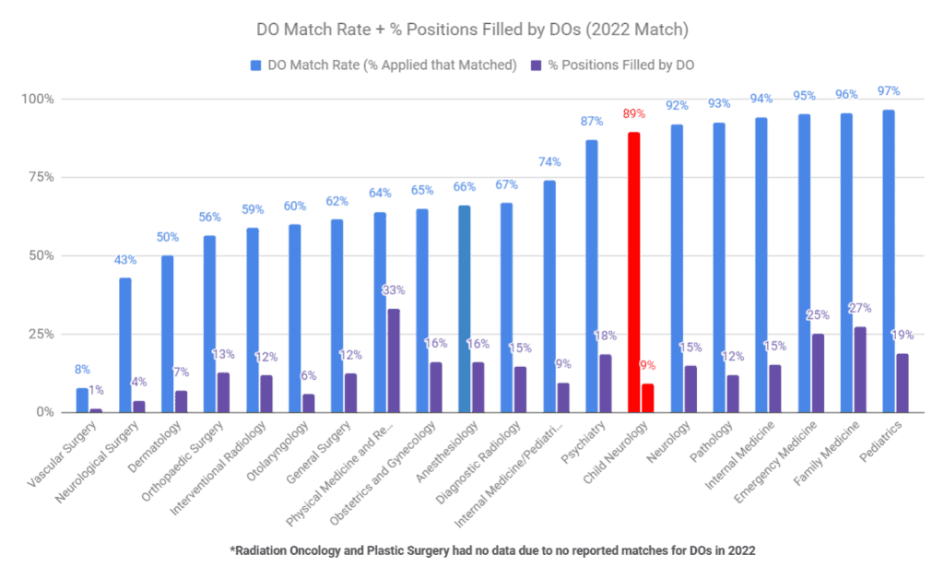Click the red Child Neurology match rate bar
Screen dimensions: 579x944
[x=633, y=272]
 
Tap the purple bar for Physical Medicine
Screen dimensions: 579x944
[x=394, y=360]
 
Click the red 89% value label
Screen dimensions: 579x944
[x=634, y=114]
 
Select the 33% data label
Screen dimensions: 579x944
[x=394, y=289]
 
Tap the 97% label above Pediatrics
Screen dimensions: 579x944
[x=889, y=91]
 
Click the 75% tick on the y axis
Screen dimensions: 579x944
[x=42, y=177]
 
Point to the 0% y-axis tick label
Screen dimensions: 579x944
[x=46, y=412]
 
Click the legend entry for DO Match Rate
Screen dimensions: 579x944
[x=383, y=65]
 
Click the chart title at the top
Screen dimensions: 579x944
[x=472, y=30]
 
